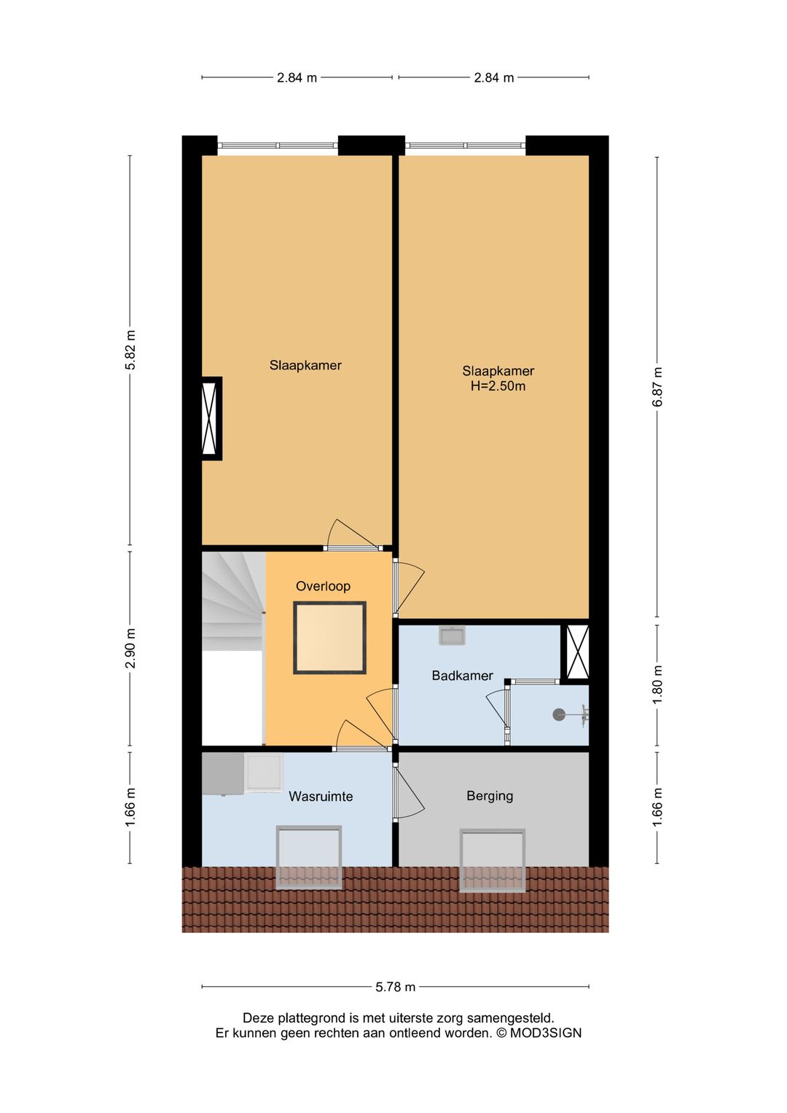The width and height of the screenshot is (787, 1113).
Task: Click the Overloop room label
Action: (323, 586)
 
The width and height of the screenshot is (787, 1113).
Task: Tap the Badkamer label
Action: (462, 676)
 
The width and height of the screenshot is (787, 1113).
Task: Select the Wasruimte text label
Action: (321, 797)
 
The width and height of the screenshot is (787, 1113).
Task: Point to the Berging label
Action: (490, 796)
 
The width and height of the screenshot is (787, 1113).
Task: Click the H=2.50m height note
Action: (498, 386)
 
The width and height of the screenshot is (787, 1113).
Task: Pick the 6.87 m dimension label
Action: (657, 387)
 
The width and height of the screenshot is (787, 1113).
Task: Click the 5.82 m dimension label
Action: (130, 351)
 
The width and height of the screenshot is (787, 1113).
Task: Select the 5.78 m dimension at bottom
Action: (395, 987)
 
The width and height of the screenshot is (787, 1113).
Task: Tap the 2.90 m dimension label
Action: (130, 648)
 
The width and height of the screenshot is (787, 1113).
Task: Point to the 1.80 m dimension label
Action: (657, 685)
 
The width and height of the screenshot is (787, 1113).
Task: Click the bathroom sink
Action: (452, 636)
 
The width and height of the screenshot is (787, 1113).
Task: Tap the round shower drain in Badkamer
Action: (559, 715)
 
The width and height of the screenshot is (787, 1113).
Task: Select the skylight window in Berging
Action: (493, 860)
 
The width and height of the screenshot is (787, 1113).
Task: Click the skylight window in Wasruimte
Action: (309, 857)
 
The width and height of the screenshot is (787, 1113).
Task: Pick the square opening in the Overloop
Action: (329, 638)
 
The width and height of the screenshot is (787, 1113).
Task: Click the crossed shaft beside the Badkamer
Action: (577, 652)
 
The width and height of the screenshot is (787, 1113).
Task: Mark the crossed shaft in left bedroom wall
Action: (211, 418)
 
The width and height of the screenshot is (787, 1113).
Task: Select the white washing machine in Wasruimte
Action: (263, 772)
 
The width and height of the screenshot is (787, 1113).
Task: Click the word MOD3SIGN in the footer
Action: (545, 1033)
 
